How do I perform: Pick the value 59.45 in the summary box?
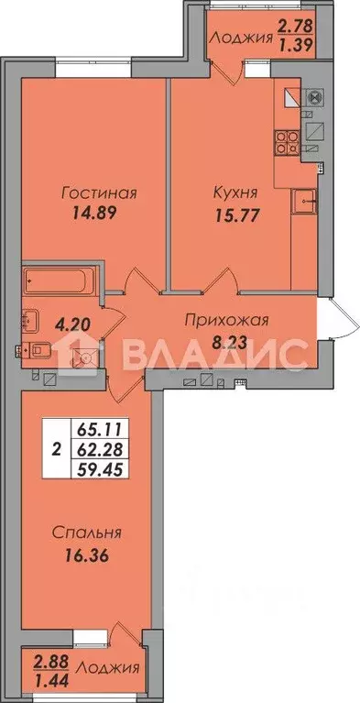click(92, 468)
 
